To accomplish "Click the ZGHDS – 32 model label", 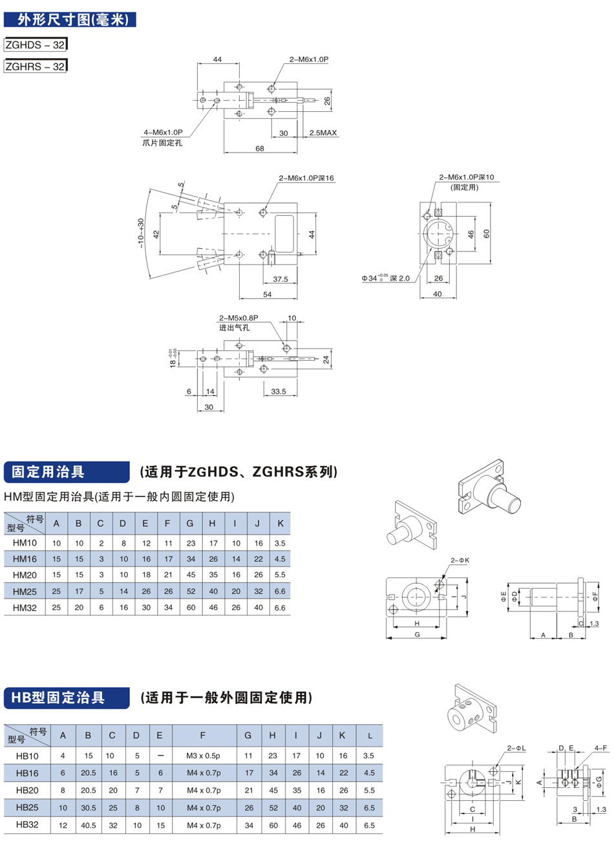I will pyautogui.click(x=35, y=45).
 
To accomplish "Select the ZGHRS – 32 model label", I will pyautogui.click(x=35, y=66).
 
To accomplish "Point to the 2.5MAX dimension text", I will pyautogui.click(x=323, y=133).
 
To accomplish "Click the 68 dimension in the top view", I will pyautogui.click(x=260, y=149).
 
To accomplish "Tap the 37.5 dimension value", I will pyautogui.click(x=281, y=279).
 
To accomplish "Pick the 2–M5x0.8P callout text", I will pyautogui.click(x=238, y=318).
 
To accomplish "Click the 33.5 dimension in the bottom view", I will pyautogui.click(x=279, y=392).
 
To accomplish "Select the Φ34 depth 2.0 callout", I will pyautogui.click(x=386, y=279).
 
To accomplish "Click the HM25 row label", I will pyautogui.click(x=25, y=591).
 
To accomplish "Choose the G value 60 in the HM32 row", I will pyautogui.click(x=190, y=608).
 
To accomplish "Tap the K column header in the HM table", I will pyautogui.click(x=280, y=523).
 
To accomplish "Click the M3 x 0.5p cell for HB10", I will pyautogui.click(x=203, y=756).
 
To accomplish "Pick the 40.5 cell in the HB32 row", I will pyautogui.click(x=88, y=825).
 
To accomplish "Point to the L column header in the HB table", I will pyautogui.click(x=369, y=736).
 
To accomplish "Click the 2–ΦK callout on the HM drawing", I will pyautogui.click(x=460, y=560).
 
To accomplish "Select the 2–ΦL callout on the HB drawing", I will pyautogui.click(x=516, y=748).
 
